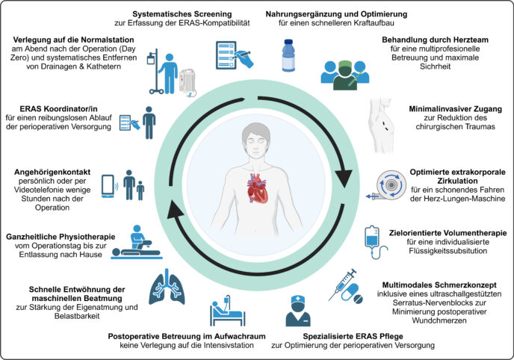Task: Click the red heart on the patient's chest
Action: [257, 188]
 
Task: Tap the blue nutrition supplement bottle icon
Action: [288, 55]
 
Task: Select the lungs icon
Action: [167, 288]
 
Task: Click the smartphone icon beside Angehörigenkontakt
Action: [108, 186]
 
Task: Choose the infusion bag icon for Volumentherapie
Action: [374, 242]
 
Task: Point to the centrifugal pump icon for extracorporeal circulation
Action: [388, 186]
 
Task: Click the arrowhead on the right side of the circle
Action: [344, 179]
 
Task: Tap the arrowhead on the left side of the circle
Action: [175, 209]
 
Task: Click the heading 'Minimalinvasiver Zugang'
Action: [455, 109]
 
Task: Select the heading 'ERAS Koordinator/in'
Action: [58, 109]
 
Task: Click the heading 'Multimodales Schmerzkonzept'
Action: [439, 285]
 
